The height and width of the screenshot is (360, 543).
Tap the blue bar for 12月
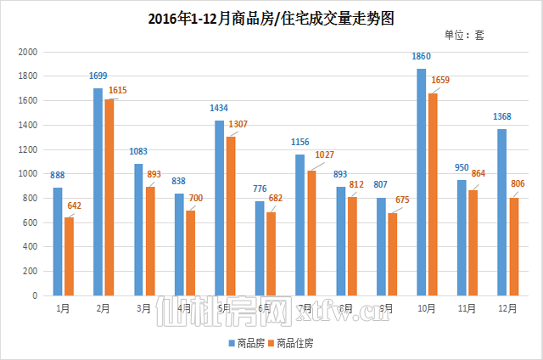coord(501,212)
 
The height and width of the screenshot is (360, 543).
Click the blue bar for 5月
coord(219,208)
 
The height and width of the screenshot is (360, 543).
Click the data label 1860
coord(421,56)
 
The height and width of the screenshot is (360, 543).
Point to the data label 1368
coord(501,116)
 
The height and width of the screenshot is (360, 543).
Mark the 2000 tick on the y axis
coord(29,52)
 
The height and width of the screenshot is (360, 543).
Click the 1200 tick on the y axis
coord(29,149)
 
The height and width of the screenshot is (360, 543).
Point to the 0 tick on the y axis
coord(36,296)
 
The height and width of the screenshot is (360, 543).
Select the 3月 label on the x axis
coord(143,308)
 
